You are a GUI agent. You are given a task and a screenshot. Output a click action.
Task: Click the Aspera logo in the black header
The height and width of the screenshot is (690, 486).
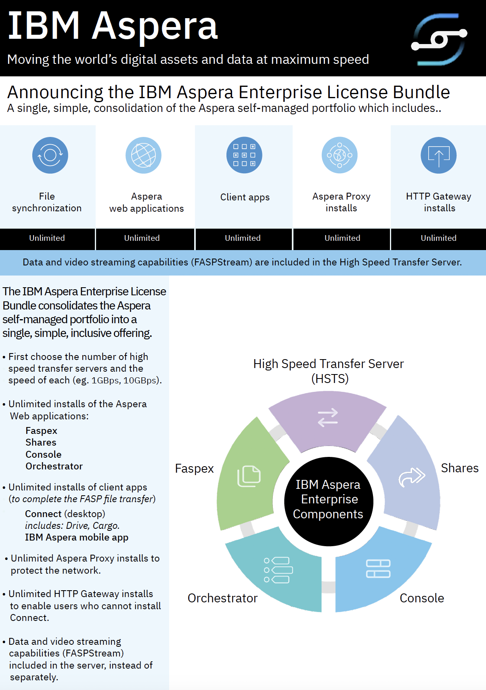coord(439,39)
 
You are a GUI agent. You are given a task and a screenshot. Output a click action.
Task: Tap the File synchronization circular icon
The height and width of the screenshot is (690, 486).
coord(50,155)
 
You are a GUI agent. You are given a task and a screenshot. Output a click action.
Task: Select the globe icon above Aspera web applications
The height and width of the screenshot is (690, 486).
coord(143,155)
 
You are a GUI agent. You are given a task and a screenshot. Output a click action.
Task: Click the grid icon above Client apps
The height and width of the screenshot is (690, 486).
coord(244,155)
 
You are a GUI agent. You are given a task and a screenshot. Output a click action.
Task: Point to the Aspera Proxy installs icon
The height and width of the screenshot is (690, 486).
coord(339,155)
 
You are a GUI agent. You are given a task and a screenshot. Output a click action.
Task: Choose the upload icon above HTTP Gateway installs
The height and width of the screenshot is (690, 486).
coord(438,155)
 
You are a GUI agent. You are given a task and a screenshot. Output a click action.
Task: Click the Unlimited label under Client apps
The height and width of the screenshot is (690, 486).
coord(243,238)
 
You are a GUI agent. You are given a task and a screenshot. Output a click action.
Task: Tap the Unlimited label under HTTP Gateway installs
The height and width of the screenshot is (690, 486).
coord(438,238)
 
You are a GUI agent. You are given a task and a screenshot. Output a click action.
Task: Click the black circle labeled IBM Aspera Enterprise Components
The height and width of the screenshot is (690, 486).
coord(328,501)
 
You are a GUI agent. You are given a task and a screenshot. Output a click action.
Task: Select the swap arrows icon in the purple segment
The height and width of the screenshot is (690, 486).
coord(328,418)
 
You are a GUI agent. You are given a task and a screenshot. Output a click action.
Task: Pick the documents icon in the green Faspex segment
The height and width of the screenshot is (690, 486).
coord(249,476)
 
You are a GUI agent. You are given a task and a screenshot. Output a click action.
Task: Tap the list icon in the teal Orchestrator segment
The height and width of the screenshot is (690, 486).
coord(278,570)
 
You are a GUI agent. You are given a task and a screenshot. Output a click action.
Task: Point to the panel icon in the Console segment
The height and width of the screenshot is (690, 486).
coord(378,569)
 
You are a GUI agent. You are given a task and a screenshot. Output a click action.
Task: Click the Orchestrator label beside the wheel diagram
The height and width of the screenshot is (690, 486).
coord(222,598)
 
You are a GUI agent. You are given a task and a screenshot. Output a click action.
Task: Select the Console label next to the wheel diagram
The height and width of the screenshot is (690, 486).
coord(422,598)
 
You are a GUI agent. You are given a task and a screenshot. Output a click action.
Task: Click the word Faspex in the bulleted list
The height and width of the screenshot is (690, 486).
coord(41,431)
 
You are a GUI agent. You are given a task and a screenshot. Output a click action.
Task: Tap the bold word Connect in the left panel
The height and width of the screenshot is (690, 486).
coord(43,514)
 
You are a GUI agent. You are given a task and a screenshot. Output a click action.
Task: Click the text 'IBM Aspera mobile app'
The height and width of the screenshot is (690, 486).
coord(77,537)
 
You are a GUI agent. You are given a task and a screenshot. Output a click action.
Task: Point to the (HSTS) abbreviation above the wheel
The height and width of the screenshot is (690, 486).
coord(330,379)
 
